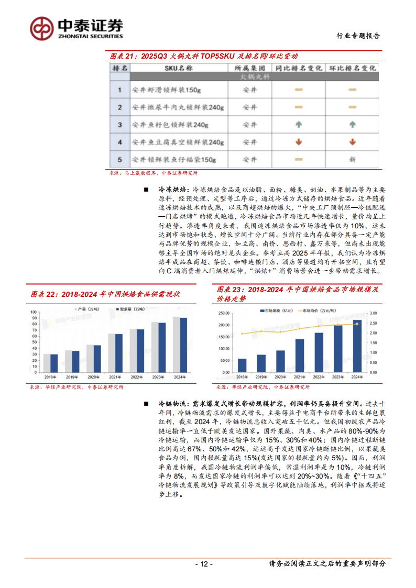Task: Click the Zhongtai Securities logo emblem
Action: click(x=40, y=28)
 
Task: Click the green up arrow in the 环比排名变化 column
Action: click(x=352, y=125)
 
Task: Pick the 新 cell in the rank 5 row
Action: click(x=352, y=159)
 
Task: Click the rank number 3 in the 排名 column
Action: click(x=120, y=125)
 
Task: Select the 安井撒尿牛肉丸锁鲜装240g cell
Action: click(x=178, y=107)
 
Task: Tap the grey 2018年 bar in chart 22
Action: click(x=47, y=361)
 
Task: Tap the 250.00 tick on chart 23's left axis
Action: click(x=225, y=313)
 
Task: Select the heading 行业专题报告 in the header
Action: click(x=357, y=36)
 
